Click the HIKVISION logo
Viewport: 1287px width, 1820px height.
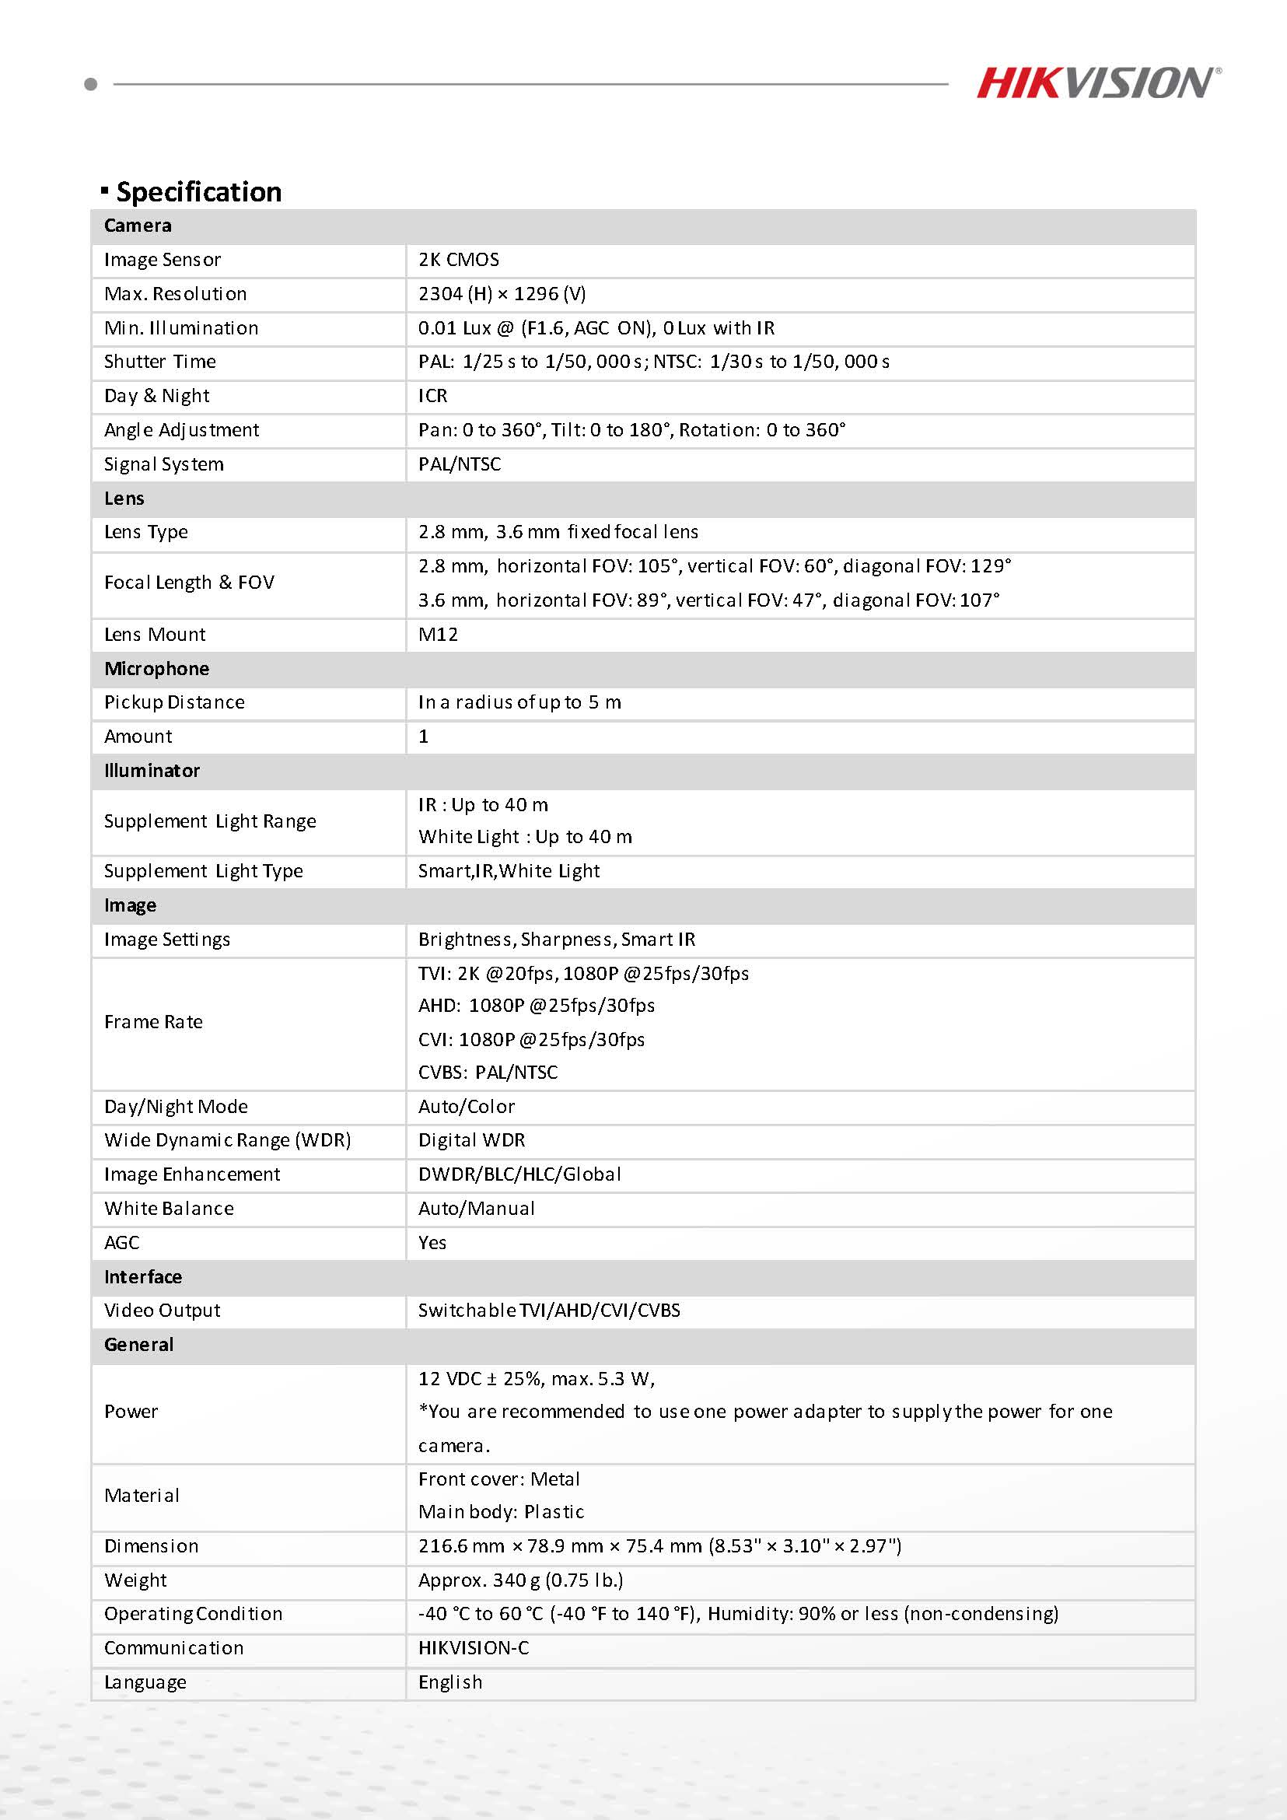coord(1097,82)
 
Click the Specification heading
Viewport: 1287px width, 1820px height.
coord(198,192)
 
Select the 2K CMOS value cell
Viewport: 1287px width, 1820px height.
coord(459,260)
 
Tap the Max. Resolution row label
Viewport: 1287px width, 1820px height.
coord(175,294)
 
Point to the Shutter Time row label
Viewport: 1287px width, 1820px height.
coord(160,362)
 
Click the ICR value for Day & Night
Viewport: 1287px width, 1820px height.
coord(432,396)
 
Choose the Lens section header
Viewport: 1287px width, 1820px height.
coord(124,499)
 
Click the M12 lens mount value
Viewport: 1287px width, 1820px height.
coord(439,634)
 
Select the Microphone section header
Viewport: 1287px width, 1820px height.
coord(157,669)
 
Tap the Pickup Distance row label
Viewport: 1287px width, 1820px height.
coord(174,702)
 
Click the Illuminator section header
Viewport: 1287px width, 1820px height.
coord(152,771)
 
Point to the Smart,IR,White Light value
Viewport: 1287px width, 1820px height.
coord(509,871)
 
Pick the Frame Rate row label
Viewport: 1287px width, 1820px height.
coord(154,1022)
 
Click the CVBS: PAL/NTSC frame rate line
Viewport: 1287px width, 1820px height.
coord(488,1073)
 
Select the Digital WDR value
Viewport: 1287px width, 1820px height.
coord(471,1140)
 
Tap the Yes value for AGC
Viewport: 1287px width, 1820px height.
coord(432,1242)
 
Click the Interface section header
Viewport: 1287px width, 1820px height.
coord(143,1277)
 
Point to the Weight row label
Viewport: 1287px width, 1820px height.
coord(135,1580)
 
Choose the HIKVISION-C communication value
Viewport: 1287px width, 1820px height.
coord(474,1648)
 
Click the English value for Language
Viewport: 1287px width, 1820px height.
coord(450,1682)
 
